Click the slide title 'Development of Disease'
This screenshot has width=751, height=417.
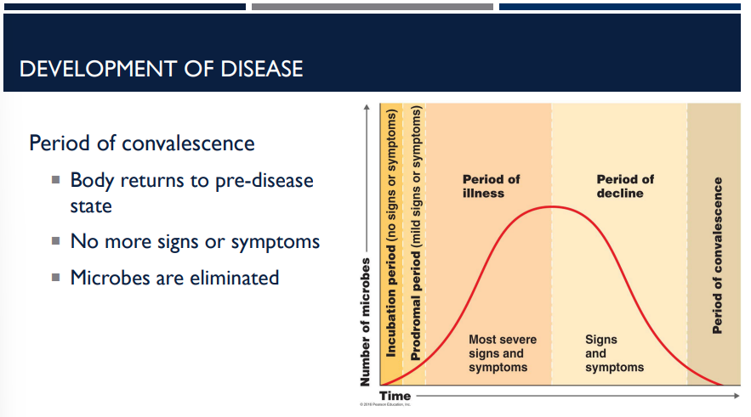[x=161, y=68]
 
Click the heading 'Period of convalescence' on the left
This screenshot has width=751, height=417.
[x=142, y=143]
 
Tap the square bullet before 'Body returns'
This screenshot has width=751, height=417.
[x=55, y=180]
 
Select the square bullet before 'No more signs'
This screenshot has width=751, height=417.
[x=55, y=241]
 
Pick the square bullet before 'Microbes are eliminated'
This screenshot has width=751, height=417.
[x=55, y=277]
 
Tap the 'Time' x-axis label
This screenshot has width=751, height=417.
[x=395, y=396]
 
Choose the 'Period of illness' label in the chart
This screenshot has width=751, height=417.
[x=491, y=186]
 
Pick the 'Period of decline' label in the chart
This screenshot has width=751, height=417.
[x=625, y=186]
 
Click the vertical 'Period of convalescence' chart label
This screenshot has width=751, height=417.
[x=718, y=255]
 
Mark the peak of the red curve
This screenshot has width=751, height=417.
[x=552, y=206]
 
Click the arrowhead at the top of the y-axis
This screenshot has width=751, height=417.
[x=367, y=106]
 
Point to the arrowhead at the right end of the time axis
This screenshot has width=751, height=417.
[x=737, y=396]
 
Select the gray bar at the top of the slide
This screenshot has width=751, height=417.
[x=372, y=7]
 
